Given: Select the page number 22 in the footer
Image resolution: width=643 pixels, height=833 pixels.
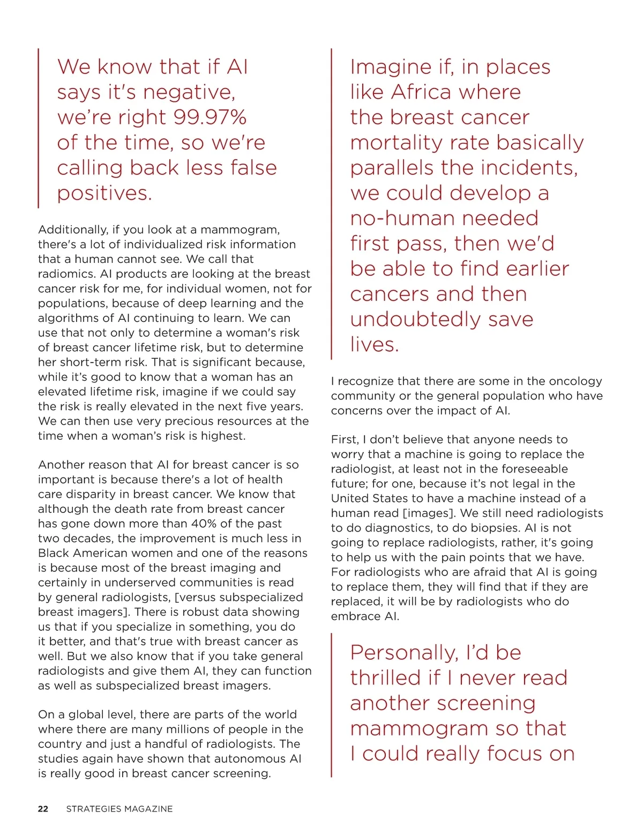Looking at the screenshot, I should pyautogui.click(x=43, y=809).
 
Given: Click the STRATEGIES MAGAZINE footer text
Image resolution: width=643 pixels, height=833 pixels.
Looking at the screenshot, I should pyautogui.click(x=119, y=809).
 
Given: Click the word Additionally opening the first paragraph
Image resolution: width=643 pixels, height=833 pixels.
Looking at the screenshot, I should pyautogui.click(x=73, y=230).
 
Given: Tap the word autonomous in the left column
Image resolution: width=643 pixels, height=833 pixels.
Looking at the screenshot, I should pyautogui.click(x=242, y=758).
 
